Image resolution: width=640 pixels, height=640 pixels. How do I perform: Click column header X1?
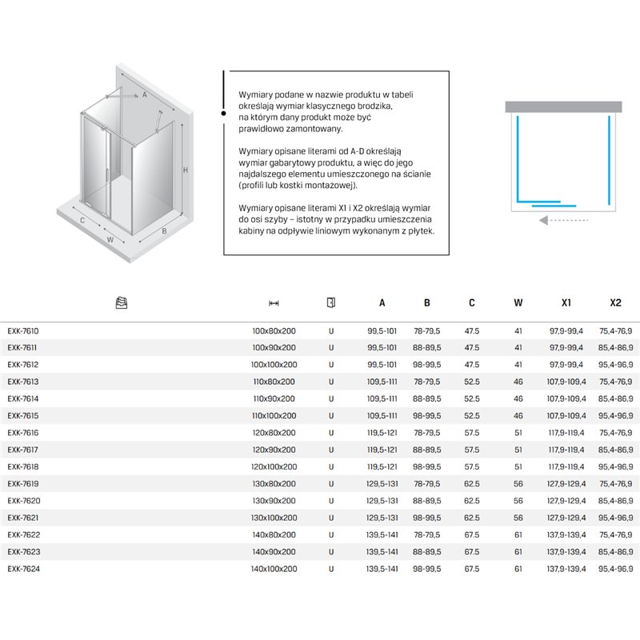point(566,303)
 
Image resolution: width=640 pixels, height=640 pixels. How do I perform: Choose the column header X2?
point(615,303)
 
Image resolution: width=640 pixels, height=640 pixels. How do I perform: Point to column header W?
point(518,303)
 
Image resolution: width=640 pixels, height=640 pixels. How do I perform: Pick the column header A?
point(382,303)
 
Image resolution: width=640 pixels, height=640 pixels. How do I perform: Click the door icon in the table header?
point(331,302)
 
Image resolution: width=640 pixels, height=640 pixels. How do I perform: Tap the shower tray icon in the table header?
point(122,303)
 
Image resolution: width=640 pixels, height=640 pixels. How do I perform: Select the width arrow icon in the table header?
point(274,303)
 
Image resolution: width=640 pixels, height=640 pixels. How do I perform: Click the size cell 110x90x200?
point(274,398)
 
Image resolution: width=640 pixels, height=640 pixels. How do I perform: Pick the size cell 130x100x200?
point(274,518)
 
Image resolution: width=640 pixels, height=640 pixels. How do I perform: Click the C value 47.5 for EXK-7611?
point(472,347)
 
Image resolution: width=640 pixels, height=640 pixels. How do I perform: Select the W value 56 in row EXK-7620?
point(518,501)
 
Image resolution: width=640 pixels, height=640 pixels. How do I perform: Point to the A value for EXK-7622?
point(382,535)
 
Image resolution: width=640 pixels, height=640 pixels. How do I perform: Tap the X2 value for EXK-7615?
point(615,415)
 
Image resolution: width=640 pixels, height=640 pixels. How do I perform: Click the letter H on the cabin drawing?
point(185,170)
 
